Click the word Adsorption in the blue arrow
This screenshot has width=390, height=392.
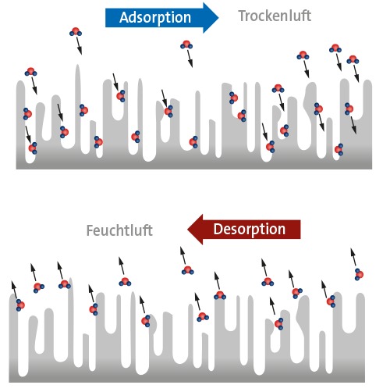[x=155, y=18]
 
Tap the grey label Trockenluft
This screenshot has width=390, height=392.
[x=275, y=16]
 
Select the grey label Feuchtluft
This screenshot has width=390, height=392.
[x=119, y=230]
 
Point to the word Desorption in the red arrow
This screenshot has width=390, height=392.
[x=250, y=229]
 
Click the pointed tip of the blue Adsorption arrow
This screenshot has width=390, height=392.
[x=218, y=18]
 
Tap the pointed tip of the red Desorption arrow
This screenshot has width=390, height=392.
[x=187, y=230]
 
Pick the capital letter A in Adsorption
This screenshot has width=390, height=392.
[x=124, y=18]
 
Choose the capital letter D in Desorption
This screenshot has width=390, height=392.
[x=218, y=229]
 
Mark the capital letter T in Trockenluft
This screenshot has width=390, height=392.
[x=243, y=16]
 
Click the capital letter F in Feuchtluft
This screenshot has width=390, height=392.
[x=90, y=230]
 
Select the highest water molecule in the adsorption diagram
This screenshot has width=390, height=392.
[x=76, y=32]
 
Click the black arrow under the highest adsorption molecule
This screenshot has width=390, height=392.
[x=79, y=45]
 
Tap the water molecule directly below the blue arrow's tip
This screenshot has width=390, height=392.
[x=186, y=45]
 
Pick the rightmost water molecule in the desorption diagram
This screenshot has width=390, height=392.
[x=359, y=274]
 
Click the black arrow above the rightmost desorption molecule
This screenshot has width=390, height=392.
[x=353, y=257]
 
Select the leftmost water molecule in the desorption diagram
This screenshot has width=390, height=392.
[x=20, y=305]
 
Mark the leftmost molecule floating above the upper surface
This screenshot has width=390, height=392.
[x=30, y=72]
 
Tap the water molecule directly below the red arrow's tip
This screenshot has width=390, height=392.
[x=188, y=270]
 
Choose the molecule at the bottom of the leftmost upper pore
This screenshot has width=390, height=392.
[x=33, y=148]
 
